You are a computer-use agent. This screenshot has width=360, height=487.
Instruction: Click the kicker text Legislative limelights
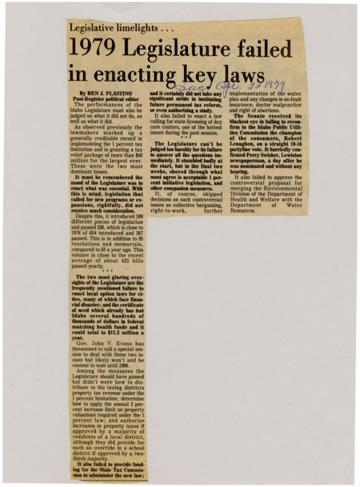(112, 26)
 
